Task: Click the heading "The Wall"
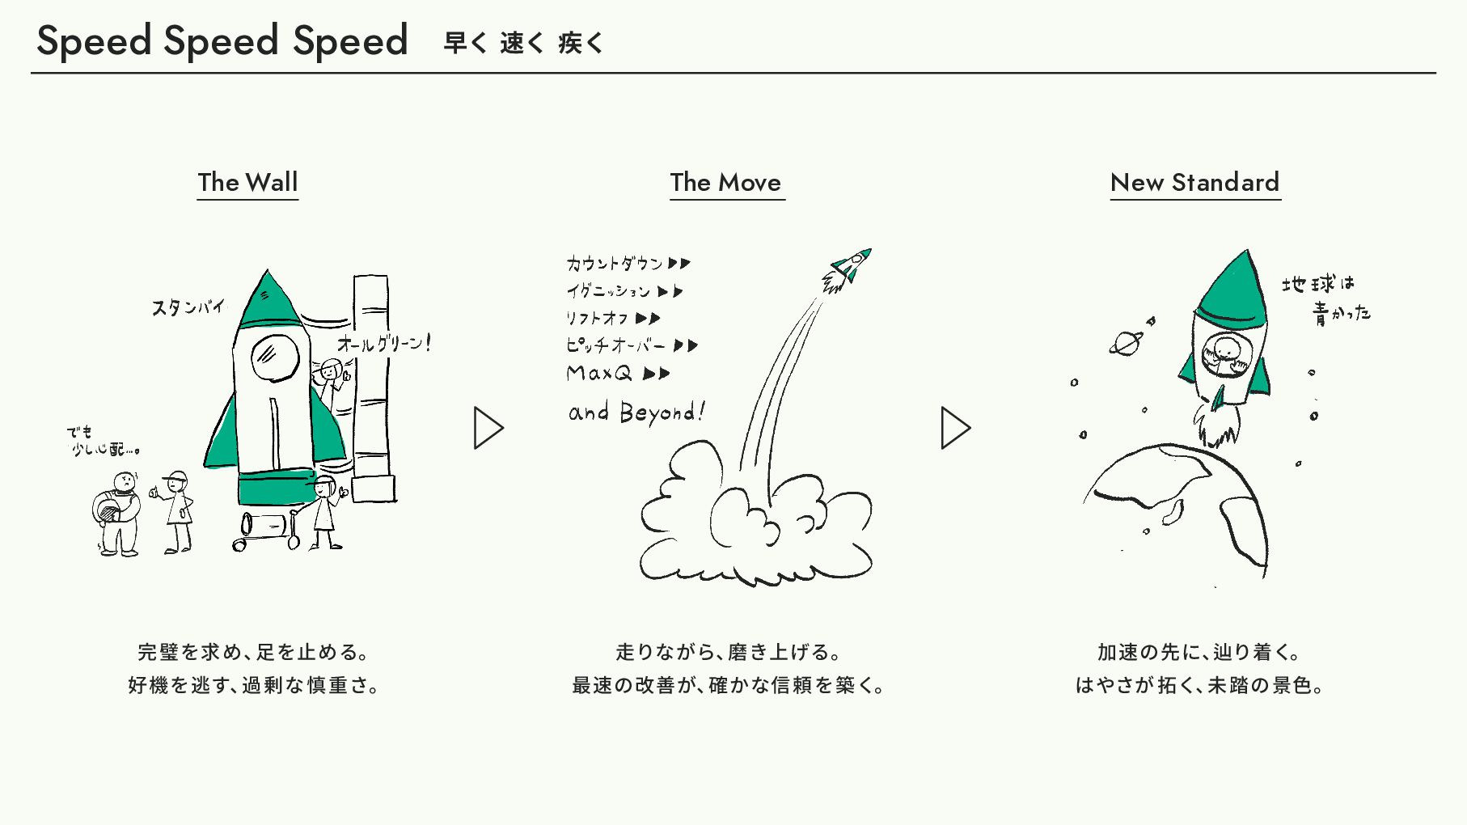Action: pyautogui.click(x=247, y=183)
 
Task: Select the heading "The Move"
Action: pyautogui.click(x=725, y=183)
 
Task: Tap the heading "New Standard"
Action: pyautogui.click(x=1194, y=183)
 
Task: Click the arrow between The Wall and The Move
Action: pyautogui.click(x=488, y=428)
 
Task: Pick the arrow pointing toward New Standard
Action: pyautogui.click(x=955, y=428)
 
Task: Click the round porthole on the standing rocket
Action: pyautogui.click(x=274, y=357)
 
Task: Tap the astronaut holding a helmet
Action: pyautogui.click(x=118, y=514)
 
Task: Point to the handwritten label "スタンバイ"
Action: pyautogui.click(x=188, y=307)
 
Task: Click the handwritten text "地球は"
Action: pyautogui.click(x=1317, y=284)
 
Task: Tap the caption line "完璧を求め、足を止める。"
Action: pyautogui.click(x=253, y=652)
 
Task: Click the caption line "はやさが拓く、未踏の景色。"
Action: pyautogui.click(x=1199, y=685)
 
